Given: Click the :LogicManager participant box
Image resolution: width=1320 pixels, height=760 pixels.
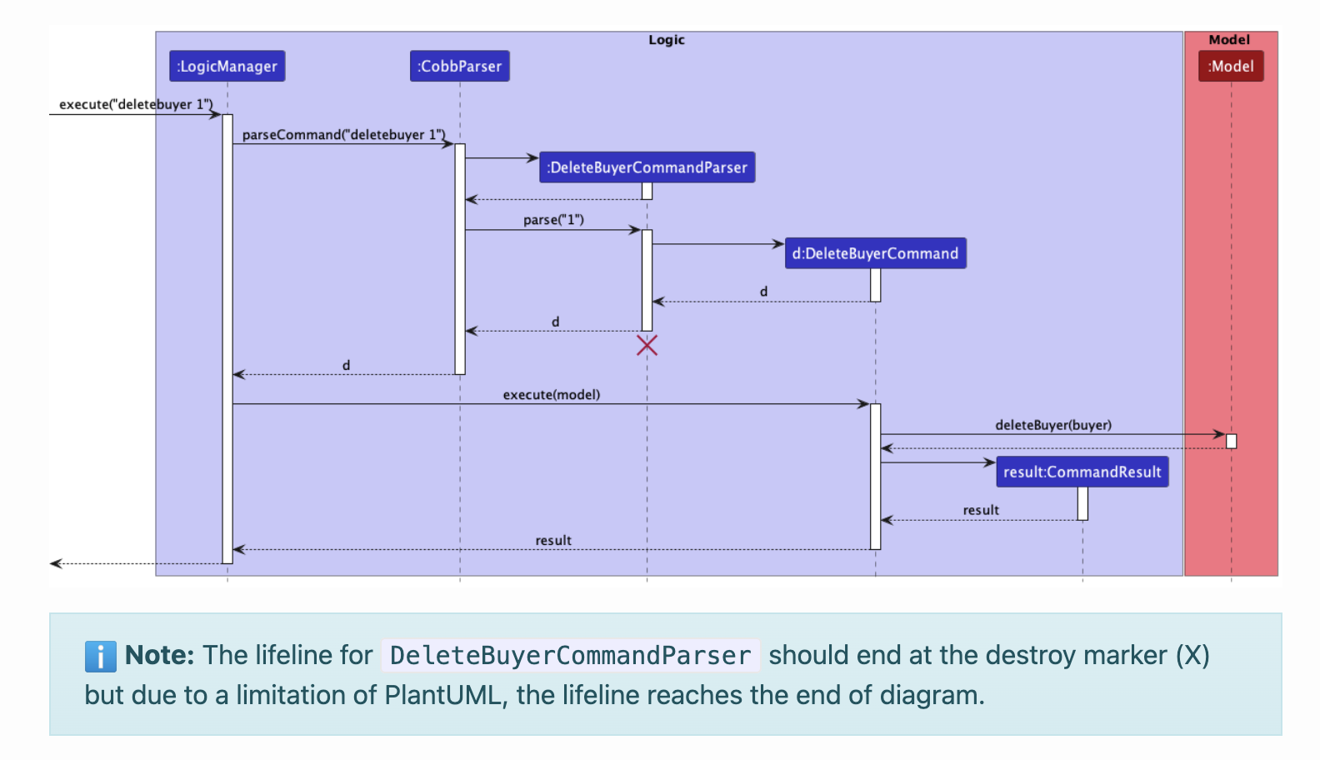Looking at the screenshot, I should pos(227,67).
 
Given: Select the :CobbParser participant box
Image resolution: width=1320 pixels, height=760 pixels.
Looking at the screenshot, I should pos(459,67).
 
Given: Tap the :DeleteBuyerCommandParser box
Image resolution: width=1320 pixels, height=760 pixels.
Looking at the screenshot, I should pos(647,167).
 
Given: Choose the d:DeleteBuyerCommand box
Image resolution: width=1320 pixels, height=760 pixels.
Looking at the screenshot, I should pos(875,253).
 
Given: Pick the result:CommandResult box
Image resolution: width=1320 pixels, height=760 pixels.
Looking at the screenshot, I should pos(1082,472).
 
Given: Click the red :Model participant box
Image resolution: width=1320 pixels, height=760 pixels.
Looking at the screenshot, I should pos(1231,67).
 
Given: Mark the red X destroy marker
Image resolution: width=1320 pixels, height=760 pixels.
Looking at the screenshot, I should pos(647,345).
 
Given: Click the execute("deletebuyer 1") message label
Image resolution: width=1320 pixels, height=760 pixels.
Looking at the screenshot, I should pos(135,104).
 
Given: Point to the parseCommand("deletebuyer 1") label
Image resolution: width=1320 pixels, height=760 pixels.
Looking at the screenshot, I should pos(343,134).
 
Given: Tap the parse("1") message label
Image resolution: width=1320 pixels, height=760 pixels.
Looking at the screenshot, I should pos(553,220).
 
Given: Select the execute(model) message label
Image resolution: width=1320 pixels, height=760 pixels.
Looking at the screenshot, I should pos(551,394).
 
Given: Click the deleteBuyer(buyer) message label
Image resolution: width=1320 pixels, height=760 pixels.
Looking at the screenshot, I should pos(1053,425).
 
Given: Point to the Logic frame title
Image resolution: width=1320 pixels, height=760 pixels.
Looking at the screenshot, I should pos(667,40).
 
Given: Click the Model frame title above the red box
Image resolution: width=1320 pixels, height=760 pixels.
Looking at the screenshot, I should pos(1229,40).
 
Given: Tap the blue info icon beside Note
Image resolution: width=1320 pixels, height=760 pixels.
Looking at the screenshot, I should pos(100,657).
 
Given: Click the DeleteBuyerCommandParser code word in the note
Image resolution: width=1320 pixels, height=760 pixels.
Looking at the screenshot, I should pos(570,656).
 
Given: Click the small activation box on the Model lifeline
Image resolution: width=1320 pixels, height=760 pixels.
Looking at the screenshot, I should pos(1231,441).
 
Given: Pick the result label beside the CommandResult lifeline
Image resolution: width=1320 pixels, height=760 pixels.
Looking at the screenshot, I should pos(981,510).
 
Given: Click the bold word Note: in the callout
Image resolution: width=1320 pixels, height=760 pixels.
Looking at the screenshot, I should pos(159,655).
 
